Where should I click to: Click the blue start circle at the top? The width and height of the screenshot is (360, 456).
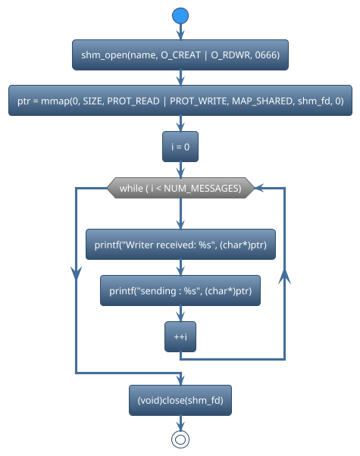click(x=180, y=16)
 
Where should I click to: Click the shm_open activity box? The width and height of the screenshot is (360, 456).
click(x=180, y=55)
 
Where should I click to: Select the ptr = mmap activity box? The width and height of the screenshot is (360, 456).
click(x=180, y=101)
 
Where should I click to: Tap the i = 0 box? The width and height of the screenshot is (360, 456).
click(x=180, y=147)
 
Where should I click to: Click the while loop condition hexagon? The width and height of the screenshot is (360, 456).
click(x=180, y=189)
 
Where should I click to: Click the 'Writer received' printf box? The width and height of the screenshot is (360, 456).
click(x=180, y=245)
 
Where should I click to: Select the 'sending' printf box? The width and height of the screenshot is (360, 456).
click(x=180, y=291)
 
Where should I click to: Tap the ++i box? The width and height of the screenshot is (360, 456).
click(x=180, y=336)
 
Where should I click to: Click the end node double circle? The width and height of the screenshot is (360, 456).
click(x=180, y=439)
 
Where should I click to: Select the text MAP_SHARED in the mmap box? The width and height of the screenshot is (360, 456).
click(x=268, y=101)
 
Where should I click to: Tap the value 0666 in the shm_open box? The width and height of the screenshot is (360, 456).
click(x=265, y=55)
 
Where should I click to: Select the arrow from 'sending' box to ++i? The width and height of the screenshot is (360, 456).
click(x=180, y=314)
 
